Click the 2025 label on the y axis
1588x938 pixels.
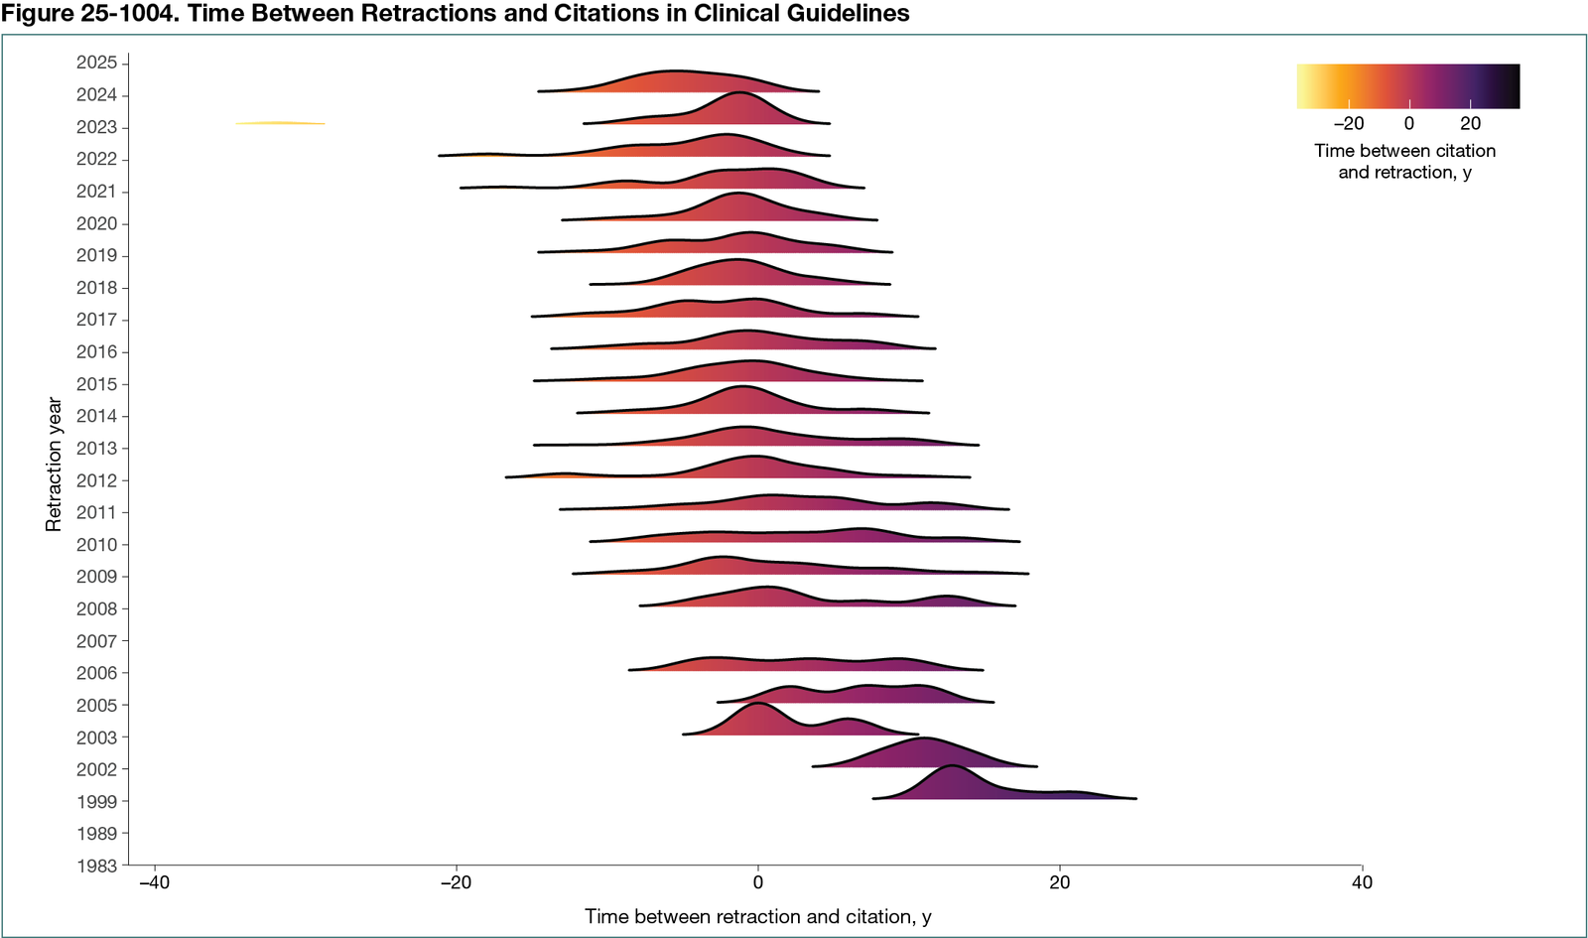96,63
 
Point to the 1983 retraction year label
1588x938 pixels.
96,866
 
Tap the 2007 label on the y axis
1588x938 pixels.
96,641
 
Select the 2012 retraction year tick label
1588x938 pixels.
96,480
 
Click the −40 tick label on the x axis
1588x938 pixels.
154,882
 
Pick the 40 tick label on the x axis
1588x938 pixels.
1362,882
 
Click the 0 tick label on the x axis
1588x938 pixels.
758,882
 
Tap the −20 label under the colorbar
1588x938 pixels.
1348,124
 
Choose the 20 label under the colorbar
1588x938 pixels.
1470,124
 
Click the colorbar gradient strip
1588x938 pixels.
1407,86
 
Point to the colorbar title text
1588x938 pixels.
1404,161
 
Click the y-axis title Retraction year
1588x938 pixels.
54,465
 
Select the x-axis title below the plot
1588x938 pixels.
757,916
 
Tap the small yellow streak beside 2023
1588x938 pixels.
280,123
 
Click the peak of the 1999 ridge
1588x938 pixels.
952,767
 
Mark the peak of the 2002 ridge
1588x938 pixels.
924,739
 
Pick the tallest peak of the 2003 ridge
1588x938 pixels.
757,704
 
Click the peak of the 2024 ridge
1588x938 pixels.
738,92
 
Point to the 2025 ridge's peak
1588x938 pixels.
675,71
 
